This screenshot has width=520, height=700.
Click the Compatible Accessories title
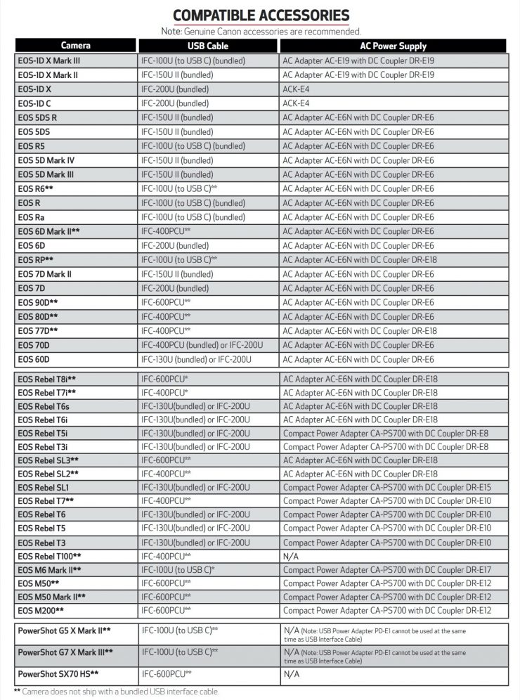pos(261,15)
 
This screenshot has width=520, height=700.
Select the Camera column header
pos(75,46)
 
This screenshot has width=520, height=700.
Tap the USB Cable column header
pos(208,46)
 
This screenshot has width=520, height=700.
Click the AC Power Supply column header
pos(393,46)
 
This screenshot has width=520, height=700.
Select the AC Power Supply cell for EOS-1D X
pos(296,89)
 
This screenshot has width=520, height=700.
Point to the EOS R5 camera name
pos(33,146)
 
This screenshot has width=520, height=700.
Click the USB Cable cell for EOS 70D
pos(202,345)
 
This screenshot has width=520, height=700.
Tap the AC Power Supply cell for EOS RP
pos(358,259)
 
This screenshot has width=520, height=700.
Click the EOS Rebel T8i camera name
pos(47,379)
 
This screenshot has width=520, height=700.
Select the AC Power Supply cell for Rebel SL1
pos(387,487)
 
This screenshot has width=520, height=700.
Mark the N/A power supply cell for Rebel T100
pos(291,555)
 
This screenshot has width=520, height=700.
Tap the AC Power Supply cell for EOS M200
pos(387,610)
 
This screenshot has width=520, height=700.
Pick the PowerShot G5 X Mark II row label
pos(64,630)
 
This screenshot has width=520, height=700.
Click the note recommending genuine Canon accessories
pos(261,31)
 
